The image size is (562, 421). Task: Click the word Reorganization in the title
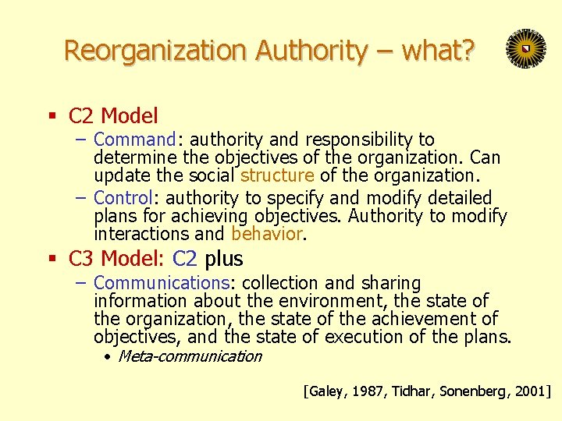pos(155,51)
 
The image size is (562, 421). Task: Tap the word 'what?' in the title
pos(437,51)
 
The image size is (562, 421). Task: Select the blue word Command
pos(135,140)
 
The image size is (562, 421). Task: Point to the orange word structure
pos(276,176)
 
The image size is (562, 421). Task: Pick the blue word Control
pos(128,198)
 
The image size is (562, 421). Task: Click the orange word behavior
pos(265,234)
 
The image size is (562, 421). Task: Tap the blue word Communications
pos(159,284)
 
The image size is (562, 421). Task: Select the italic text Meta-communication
pos(190,357)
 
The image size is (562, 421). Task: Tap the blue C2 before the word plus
pos(185,259)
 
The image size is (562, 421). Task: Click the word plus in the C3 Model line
pos(224,259)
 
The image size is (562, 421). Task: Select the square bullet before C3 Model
pos(52,260)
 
